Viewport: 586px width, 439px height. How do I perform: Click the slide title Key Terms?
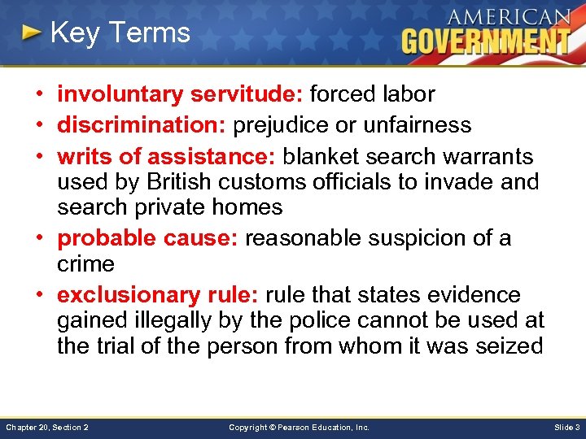point(120,33)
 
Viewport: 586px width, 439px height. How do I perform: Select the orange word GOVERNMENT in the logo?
point(485,41)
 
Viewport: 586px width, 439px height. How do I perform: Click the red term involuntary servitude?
point(179,94)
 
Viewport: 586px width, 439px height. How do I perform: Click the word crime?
point(85,264)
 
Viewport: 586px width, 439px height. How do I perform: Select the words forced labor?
point(372,94)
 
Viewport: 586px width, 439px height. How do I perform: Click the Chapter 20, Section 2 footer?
point(47,427)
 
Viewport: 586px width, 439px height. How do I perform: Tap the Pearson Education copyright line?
point(299,427)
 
